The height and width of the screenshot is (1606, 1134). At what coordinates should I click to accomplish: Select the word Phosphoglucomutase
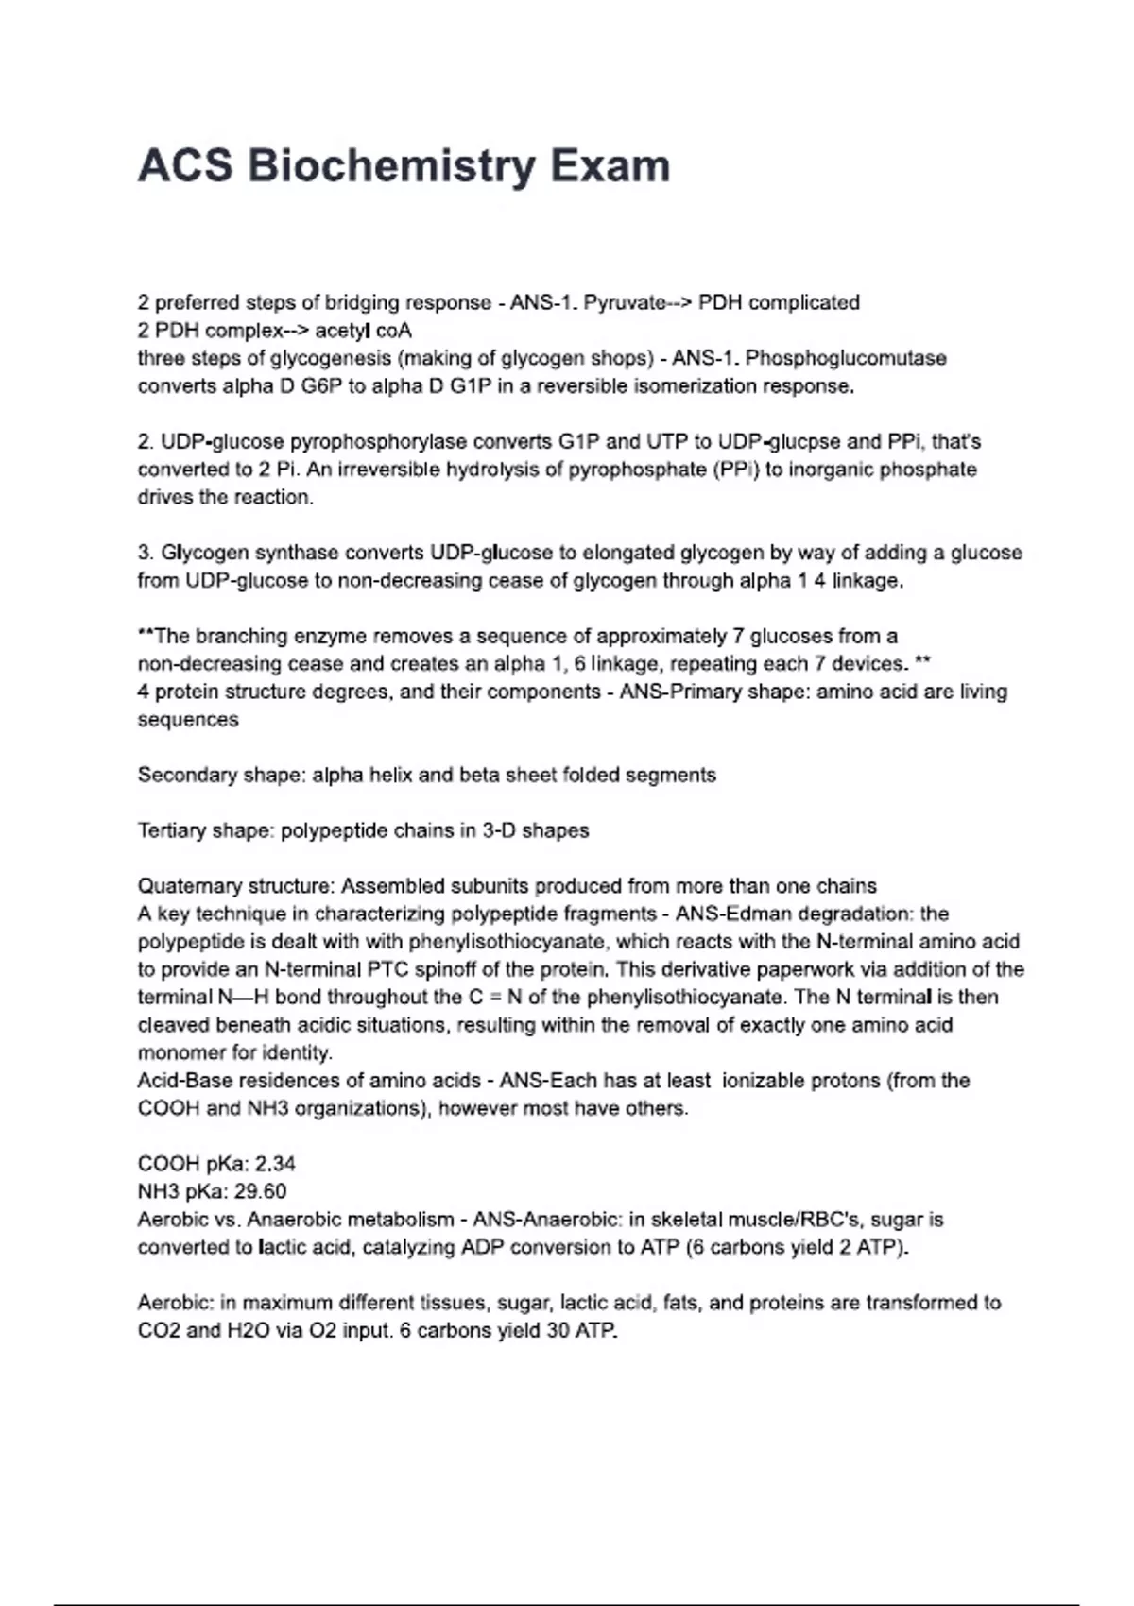(x=846, y=358)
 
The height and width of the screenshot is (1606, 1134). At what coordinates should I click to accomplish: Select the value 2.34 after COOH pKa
(x=275, y=1164)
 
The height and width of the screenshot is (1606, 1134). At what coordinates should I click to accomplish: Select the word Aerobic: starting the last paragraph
(x=175, y=1303)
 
